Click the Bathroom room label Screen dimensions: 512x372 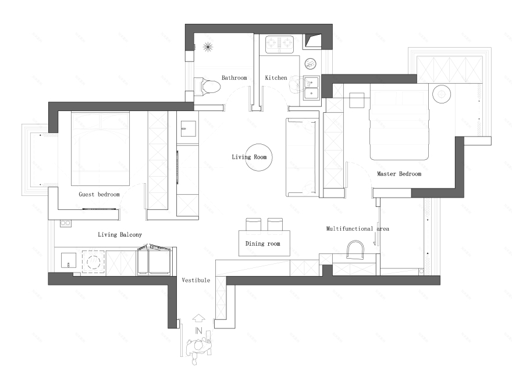[x=234, y=78]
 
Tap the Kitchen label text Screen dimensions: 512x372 [x=276, y=78]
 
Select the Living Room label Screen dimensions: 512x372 [x=249, y=157]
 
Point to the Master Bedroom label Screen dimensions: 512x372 [x=399, y=174]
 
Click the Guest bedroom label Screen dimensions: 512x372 [x=99, y=195]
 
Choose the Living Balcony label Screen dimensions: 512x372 [x=120, y=235]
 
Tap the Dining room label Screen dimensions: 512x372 [x=263, y=244]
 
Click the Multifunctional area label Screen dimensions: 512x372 [x=358, y=229]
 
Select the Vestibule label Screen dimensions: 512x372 [x=196, y=280]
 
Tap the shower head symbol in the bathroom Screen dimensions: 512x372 [x=208, y=47]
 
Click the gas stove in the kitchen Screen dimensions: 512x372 [x=279, y=44]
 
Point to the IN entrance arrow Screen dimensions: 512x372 [x=198, y=319]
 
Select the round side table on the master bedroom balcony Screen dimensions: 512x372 [x=442, y=94]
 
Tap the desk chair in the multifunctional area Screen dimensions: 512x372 [x=355, y=250]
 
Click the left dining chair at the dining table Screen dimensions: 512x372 [x=254, y=225]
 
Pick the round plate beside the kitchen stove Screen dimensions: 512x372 [x=311, y=63]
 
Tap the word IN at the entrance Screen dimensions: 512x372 [x=198, y=331]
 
